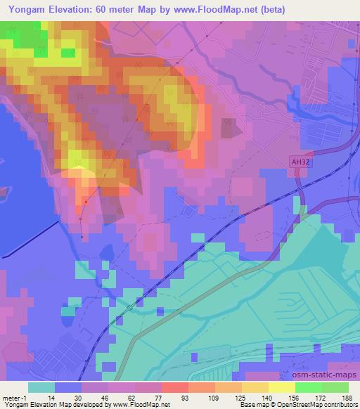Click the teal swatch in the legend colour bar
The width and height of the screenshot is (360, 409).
(x=41, y=387)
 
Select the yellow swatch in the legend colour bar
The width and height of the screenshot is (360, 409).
(x=282, y=387)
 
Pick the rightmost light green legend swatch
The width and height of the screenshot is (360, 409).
(x=335, y=387)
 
